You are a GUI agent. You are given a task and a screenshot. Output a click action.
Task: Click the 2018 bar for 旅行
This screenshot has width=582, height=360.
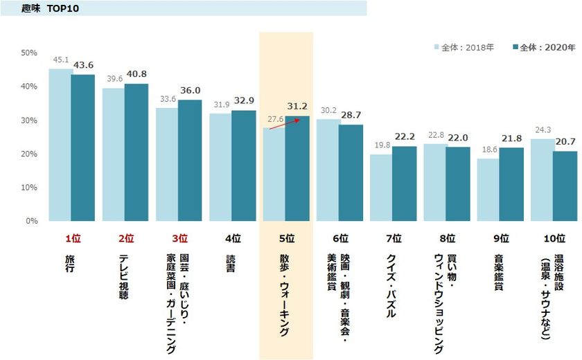[60, 145]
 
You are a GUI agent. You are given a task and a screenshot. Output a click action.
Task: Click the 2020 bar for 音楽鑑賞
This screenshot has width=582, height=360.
[511, 184]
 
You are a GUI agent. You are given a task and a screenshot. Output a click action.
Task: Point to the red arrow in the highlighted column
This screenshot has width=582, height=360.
[281, 123]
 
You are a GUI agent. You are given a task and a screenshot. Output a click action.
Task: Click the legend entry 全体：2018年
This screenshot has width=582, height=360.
[464, 47]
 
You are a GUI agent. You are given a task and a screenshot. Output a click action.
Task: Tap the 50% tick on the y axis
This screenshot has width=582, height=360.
[28, 53]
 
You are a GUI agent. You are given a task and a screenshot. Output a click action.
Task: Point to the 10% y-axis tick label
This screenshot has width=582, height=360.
[28, 188]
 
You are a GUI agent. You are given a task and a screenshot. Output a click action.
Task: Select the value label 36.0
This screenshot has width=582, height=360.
[190, 91]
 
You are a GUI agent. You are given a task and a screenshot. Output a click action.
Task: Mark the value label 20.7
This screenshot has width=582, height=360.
[565, 142]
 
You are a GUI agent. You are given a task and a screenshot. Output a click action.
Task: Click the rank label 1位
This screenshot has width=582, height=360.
[73, 239]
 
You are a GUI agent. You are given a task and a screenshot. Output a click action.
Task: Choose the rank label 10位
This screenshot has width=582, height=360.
[554, 239]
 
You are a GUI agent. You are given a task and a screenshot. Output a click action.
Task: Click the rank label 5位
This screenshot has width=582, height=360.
[286, 239]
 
